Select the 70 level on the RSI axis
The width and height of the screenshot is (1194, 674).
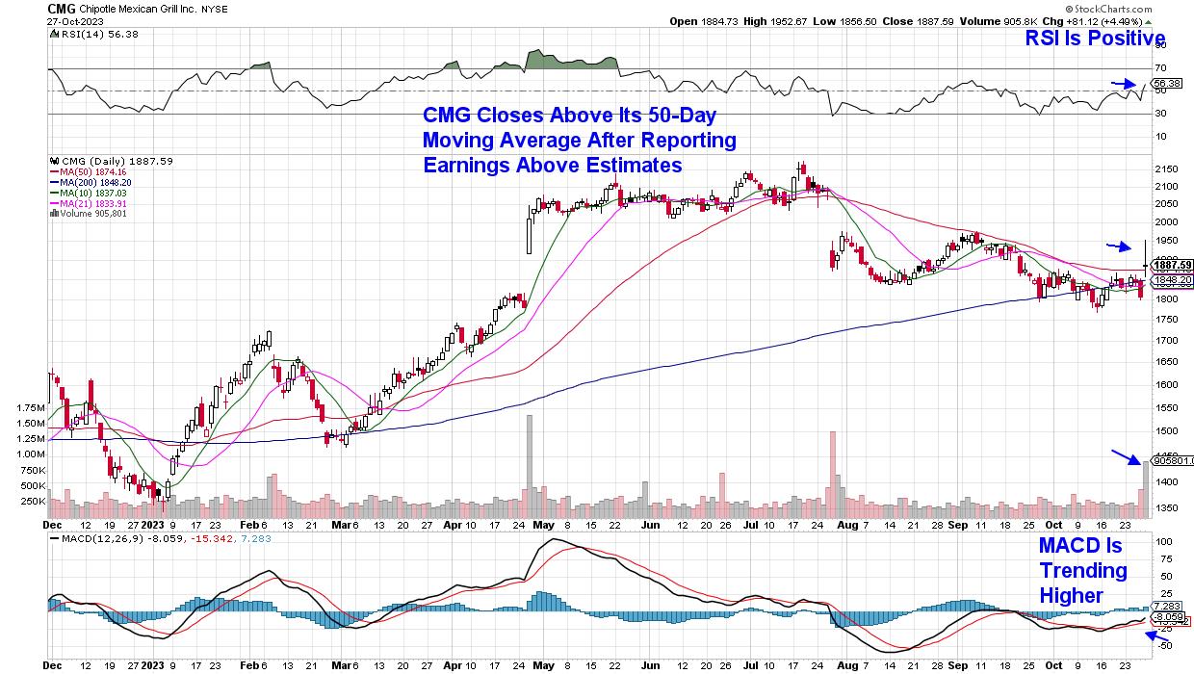1160,68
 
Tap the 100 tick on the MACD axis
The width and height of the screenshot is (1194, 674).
1164,542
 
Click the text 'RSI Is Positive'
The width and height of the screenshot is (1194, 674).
1096,39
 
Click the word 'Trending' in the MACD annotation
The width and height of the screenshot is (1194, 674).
1081,571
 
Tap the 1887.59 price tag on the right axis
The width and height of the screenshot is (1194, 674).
1172,265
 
